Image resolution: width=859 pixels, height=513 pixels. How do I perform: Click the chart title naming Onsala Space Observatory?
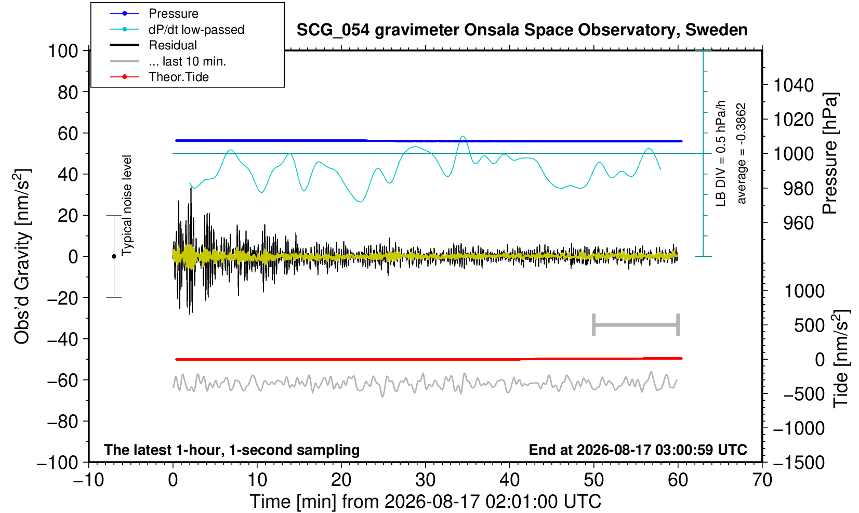[x=522, y=30]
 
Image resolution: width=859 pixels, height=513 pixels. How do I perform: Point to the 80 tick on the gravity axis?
[x=68, y=92]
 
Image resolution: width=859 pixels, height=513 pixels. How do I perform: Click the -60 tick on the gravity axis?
[x=62, y=380]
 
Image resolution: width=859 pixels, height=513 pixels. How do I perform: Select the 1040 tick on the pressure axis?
[x=794, y=85]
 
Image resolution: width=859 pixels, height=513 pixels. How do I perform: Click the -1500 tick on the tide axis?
[x=798, y=463]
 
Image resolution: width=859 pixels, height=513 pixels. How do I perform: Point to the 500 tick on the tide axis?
[x=809, y=325]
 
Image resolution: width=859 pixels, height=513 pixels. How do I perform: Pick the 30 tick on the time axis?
[x=425, y=480]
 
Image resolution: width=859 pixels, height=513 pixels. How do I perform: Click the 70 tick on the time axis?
[x=762, y=480]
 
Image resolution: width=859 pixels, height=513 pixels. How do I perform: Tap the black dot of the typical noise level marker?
[x=114, y=256]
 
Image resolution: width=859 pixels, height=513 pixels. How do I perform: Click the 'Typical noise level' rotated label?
[x=127, y=205]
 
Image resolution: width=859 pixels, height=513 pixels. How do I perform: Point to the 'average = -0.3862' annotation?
[x=741, y=153]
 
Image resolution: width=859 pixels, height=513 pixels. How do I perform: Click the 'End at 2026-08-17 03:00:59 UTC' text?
[x=638, y=450]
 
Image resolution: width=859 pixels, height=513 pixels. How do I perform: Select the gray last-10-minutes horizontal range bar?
[x=636, y=325]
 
